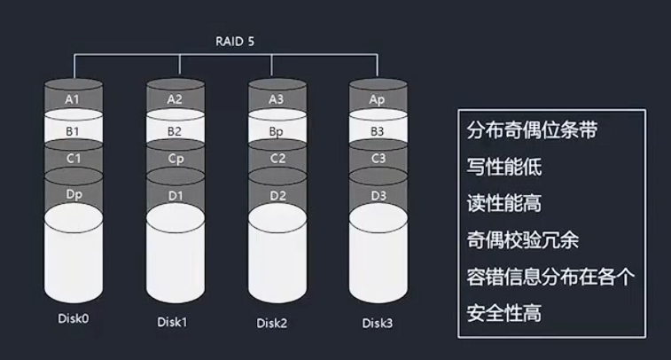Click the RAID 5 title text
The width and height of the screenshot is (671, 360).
tap(235, 41)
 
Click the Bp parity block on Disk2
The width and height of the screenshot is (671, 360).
tap(277, 131)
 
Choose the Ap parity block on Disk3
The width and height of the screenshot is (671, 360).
tap(378, 99)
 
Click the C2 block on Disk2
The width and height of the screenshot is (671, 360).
tap(277, 159)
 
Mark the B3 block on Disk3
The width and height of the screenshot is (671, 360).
tap(378, 131)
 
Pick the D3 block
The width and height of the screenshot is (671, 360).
tap(378, 193)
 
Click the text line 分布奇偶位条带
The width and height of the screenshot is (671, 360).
tap(531, 130)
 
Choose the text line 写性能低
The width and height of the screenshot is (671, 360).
tap(503, 167)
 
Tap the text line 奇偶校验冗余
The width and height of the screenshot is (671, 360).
tap(522, 239)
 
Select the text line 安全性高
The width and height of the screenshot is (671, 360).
tap(503, 312)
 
